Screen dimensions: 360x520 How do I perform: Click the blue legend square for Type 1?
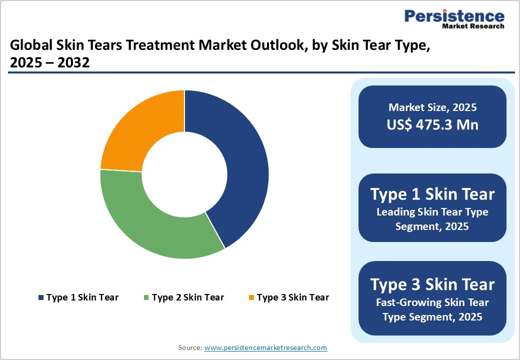coord(40,298)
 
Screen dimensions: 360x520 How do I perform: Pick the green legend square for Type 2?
coord(146,298)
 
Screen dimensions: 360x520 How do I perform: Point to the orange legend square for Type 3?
coord(251,298)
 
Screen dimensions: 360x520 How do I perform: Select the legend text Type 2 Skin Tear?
coord(187,297)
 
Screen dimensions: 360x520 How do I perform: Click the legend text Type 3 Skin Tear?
coord(292,297)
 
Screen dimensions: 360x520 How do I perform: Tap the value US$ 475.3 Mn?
coord(432,124)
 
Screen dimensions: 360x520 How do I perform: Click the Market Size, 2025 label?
coord(432,107)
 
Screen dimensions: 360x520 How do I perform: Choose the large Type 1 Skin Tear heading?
coord(432,194)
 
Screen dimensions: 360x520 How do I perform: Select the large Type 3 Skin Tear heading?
coord(432,284)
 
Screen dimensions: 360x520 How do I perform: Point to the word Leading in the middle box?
coord(395,212)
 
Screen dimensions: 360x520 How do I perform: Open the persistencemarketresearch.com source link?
coord(265,347)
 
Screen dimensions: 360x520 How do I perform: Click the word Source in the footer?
coord(190,347)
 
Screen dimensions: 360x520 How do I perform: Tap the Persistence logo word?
coord(454,16)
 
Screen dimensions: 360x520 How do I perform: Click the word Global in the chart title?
coord(27,46)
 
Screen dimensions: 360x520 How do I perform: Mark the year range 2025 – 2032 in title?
coord(50,63)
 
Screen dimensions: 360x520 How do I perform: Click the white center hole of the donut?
coord(184,174)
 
